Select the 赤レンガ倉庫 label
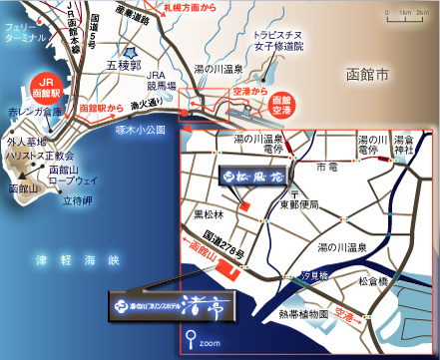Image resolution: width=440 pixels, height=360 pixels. tap(29, 113)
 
